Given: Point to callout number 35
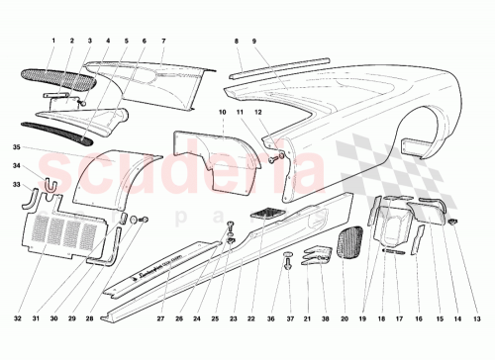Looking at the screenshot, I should (17, 148).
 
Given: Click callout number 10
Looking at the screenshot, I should (225, 114).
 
